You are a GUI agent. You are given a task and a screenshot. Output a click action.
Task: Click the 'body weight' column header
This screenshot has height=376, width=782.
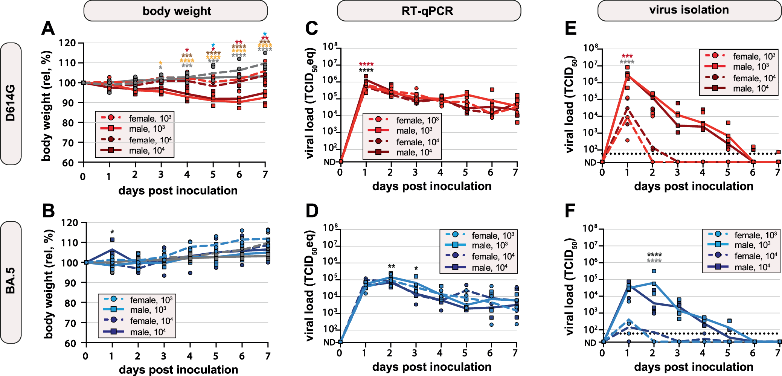176,11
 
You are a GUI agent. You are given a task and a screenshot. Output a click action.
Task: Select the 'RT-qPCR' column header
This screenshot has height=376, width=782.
428,11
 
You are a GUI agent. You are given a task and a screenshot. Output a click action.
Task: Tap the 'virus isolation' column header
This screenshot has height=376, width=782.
689,10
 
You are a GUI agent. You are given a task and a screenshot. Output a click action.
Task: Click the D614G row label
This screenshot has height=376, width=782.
11,104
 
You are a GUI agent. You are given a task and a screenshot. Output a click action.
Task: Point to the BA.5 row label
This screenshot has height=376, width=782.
11,282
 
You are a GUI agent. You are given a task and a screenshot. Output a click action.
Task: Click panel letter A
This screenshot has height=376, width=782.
48,28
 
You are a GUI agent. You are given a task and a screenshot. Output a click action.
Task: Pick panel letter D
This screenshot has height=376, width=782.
312,211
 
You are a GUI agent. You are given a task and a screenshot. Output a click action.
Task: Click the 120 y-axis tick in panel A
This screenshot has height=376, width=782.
67,43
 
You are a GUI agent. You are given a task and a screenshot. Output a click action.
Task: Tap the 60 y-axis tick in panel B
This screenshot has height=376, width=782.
70,343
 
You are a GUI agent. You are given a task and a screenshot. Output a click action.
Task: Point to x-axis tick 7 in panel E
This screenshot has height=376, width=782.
777,172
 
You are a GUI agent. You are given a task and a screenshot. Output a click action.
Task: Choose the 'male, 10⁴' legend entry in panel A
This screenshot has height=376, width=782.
146,151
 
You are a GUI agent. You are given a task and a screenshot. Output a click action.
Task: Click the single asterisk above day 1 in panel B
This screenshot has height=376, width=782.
112,232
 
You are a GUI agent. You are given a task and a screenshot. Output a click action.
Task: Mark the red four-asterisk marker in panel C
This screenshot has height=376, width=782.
366,64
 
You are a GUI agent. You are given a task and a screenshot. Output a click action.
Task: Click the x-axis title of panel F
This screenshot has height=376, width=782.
694,367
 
